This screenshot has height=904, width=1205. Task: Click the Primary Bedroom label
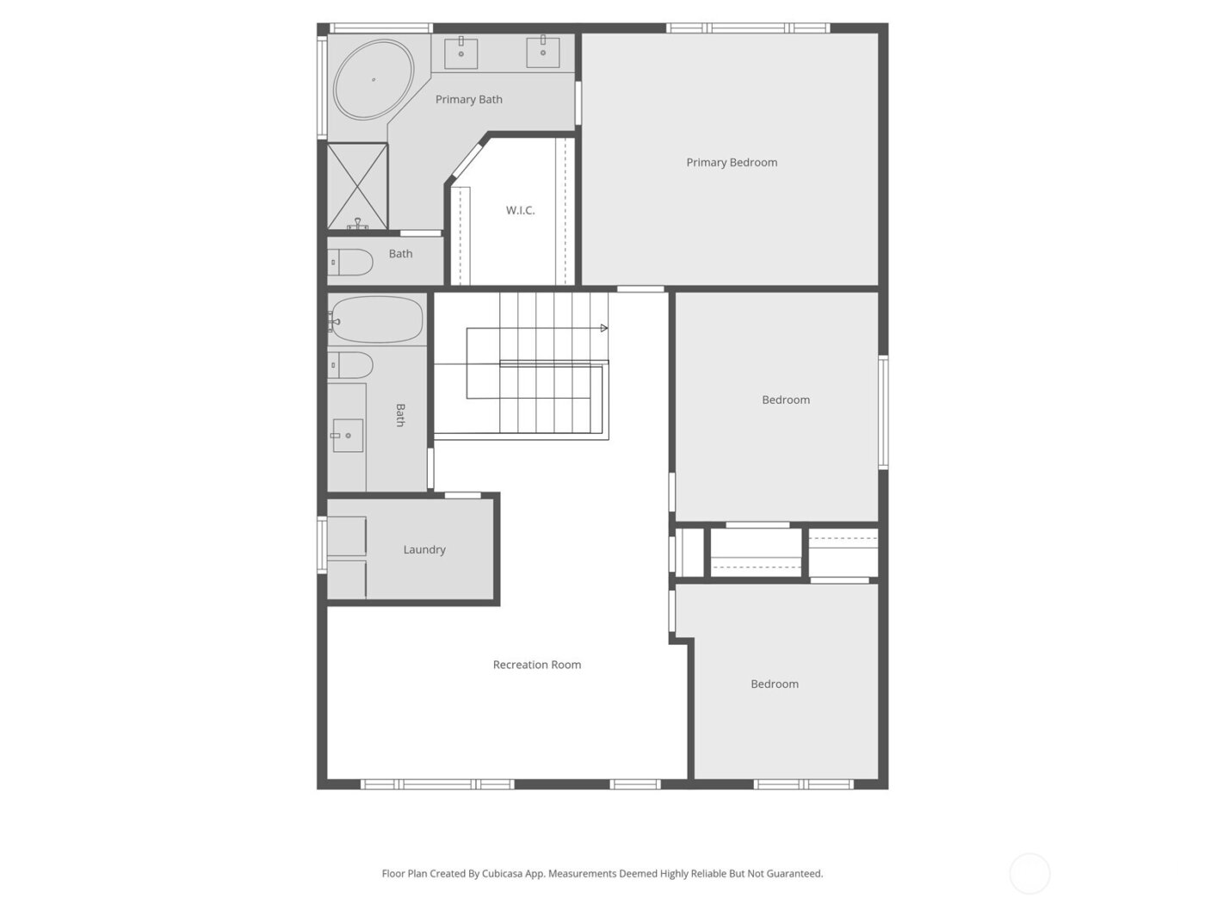click(x=732, y=163)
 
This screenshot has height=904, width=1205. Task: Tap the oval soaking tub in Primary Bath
click(x=374, y=79)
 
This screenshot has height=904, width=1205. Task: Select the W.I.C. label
click(x=520, y=210)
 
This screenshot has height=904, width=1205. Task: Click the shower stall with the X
click(x=357, y=186)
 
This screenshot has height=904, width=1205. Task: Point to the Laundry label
click(x=424, y=550)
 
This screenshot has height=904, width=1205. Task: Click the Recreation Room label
click(x=537, y=665)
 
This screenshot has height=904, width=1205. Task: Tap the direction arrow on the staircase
click(x=603, y=328)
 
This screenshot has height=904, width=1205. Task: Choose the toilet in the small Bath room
click(x=350, y=262)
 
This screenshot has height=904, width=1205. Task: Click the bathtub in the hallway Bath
click(x=376, y=319)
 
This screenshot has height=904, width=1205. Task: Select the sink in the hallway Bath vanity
click(x=348, y=436)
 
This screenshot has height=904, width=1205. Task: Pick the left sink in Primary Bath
click(x=461, y=52)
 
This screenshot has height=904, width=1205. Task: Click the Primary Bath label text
click(x=469, y=100)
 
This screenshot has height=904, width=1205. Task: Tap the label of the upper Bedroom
click(x=786, y=400)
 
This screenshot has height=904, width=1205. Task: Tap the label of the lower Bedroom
click(x=775, y=684)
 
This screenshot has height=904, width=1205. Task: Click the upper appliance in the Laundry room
click(x=347, y=536)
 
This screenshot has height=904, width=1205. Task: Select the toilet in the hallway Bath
click(x=350, y=365)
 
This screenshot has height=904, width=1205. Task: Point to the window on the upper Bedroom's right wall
click(x=883, y=412)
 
